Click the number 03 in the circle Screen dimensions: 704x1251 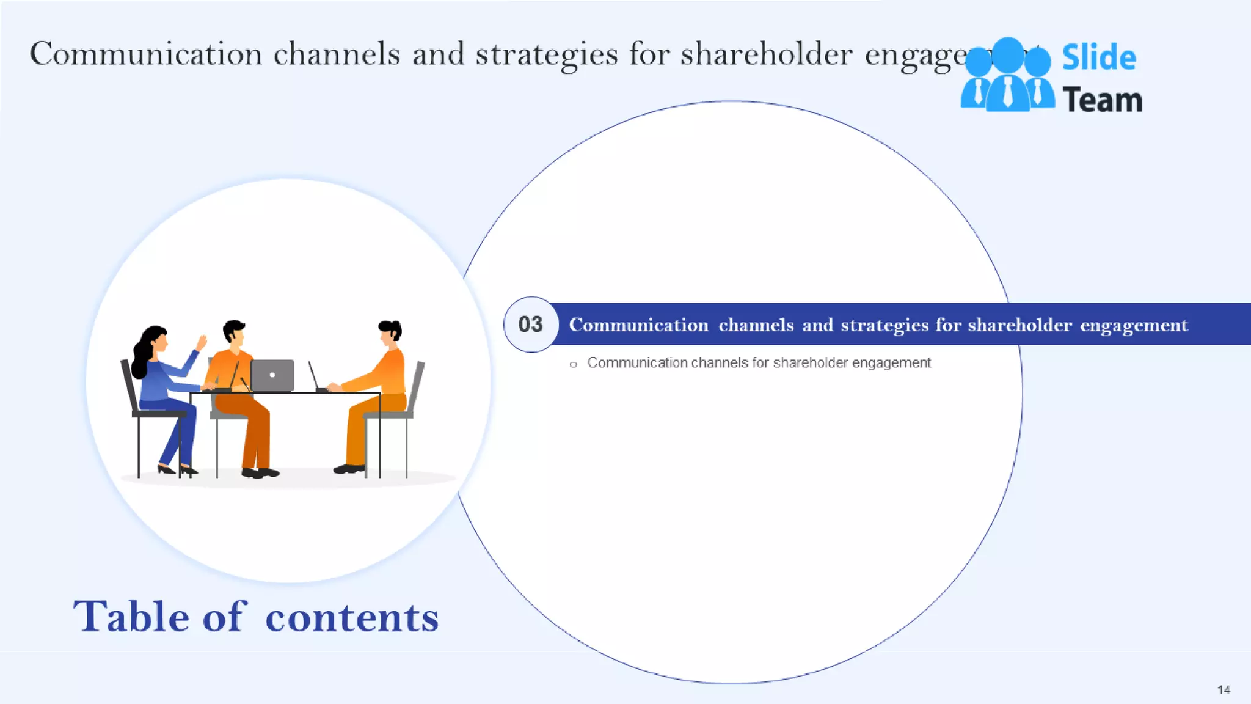click(530, 324)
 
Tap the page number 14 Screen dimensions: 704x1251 click(1224, 690)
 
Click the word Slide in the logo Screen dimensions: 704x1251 click(1099, 57)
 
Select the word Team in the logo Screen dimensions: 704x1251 click(1102, 100)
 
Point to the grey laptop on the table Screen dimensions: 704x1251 click(272, 375)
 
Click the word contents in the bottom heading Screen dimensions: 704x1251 click(352, 617)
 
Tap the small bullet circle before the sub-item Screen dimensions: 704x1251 click(573, 365)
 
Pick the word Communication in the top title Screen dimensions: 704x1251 click(146, 54)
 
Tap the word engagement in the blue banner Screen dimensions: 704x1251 click(1134, 325)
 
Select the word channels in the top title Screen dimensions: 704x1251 click(337, 54)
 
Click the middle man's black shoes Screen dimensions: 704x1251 click(260, 472)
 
